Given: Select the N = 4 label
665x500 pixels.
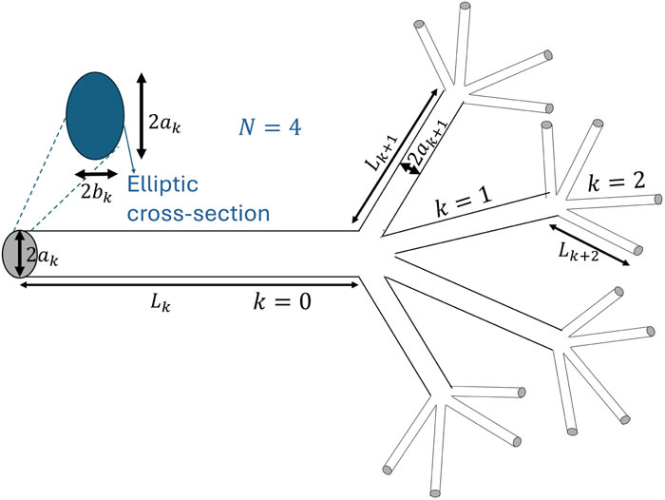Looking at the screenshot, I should tap(270, 125).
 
